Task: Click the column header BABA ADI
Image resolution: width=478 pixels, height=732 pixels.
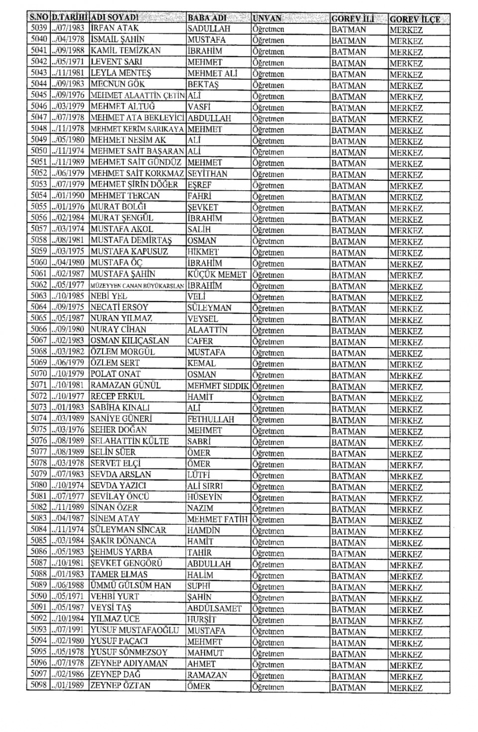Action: pyautogui.click(x=207, y=18)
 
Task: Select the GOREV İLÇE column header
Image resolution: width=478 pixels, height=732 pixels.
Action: pyautogui.click(x=415, y=19)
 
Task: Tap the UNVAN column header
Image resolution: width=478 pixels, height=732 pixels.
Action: pyautogui.click(x=267, y=18)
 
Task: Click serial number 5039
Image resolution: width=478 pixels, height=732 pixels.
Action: pyautogui.click(x=38, y=28)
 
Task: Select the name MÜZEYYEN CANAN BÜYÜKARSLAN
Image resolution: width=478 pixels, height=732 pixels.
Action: pyautogui.click(x=137, y=286)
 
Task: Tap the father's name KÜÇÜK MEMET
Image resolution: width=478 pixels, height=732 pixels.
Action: pyautogui.click(x=217, y=274)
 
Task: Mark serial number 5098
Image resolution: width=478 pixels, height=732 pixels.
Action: pyautogui.click(x=38, y=686)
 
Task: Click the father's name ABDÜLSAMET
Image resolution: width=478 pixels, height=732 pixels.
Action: pyautogui.click(x=214, y=608)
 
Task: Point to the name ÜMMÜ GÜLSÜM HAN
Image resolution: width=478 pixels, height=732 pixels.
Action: pyautogui.click(x=130, y=586)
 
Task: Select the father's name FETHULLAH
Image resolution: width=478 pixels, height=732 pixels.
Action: pyautogui.click(x=211, y=419)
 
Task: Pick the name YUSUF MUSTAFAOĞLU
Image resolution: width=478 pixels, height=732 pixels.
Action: pyautogui.click(x=134, y=630)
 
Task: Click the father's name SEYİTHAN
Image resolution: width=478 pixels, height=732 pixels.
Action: pyautogui.click(x=207, y=174)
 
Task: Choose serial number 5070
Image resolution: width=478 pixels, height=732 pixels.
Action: pyautogui.click(x=38, y=373)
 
